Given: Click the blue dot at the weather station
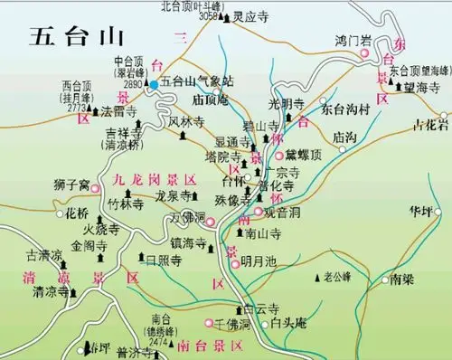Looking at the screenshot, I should click(154, 85).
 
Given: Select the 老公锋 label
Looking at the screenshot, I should click(338, 276).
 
